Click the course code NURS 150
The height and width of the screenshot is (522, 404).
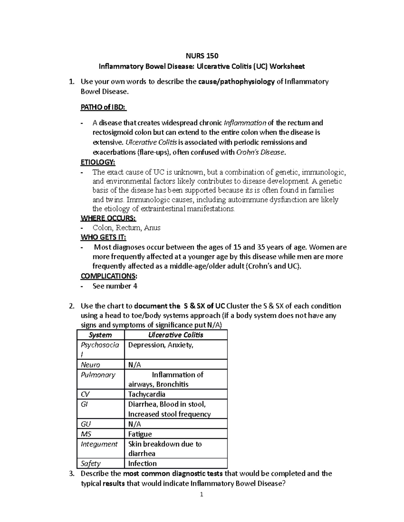[x=202, y=55]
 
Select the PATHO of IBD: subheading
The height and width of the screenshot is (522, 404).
[x=104, y=107]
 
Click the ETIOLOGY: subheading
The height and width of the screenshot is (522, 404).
[x=98, y=162]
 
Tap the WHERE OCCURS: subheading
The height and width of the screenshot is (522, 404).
[x=108, y=218]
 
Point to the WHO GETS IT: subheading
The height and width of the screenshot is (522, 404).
[x=103, y=237]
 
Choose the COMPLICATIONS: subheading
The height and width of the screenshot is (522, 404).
[x=109, y=276]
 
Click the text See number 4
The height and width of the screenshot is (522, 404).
[x=115, y=286]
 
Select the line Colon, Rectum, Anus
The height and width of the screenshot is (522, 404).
[x=126, y=228]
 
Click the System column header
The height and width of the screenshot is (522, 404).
[x=100, y=335]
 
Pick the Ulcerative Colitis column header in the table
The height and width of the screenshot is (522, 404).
[x=176, y=335]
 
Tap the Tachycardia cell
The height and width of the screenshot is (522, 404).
[x=147, y=394]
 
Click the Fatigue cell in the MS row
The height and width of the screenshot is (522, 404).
[x=140, y=434]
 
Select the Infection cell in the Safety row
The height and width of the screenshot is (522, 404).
[x=142, y=464]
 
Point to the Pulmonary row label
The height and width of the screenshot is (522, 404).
[x=98, y=375]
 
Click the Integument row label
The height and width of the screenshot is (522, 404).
[x=99, y=444]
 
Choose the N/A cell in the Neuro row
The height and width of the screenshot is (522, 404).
[x=135, y=365]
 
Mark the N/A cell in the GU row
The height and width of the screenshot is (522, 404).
[x=135, y=424]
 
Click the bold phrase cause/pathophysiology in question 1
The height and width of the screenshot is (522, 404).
[x=237, y=82]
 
